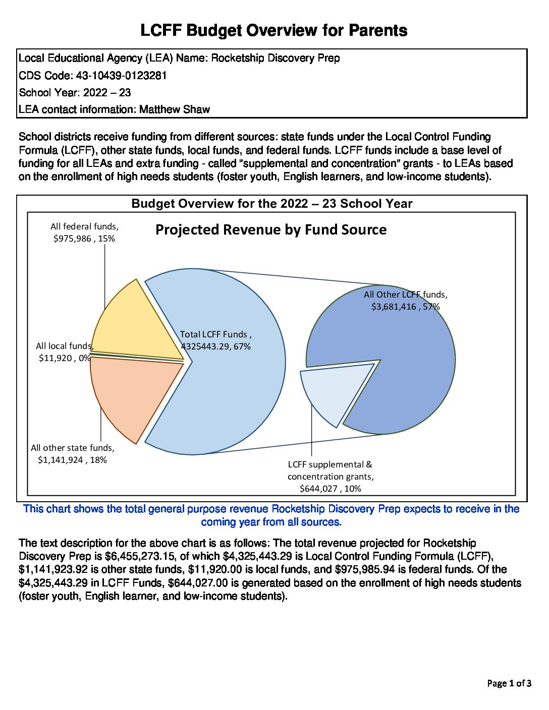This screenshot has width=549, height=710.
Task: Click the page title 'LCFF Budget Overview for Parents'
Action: [273, 31]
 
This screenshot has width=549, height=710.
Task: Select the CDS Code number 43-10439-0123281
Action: [121, 76]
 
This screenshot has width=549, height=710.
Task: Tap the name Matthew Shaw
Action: [175, 109]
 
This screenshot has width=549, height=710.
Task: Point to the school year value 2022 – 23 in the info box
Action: [107, 93]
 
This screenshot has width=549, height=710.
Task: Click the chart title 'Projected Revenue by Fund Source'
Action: [271, 230]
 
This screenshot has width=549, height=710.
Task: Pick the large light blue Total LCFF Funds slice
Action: [232, 393]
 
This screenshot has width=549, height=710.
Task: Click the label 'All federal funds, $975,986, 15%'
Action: [84, 233]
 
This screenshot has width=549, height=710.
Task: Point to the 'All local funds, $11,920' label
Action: [64, 352]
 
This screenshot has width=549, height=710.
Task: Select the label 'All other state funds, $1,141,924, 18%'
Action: [73, 454]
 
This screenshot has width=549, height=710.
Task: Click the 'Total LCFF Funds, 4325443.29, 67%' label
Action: [216, 340]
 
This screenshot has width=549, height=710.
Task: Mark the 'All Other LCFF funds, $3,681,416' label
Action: [406, 301]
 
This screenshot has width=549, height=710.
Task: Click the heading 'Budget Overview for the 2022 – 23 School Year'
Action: [272, 204]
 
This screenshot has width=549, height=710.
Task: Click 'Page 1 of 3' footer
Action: [509, 684]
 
